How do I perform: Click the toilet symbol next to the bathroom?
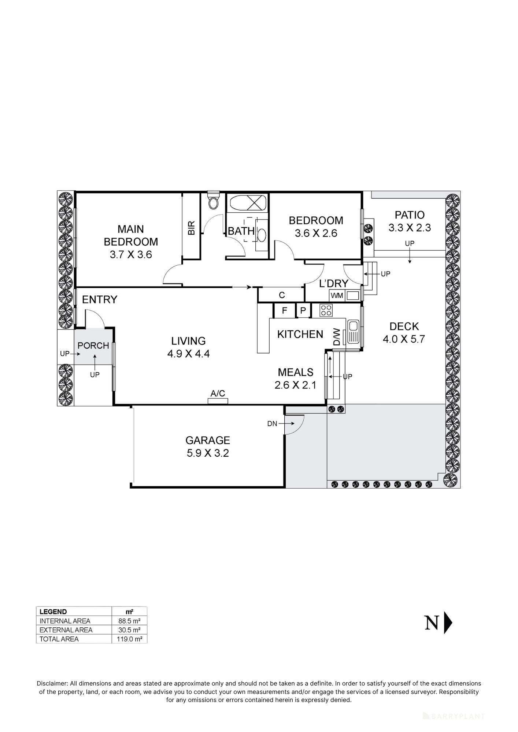tap(213, 201)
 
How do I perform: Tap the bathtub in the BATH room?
tap(247, 202)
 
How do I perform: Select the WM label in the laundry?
tap(337, 295)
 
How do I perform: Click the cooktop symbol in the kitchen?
tap(326, 310)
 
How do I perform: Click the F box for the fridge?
tap(285, 311)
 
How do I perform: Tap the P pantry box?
tap(303, 311)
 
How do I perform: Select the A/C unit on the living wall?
tap(218, 401)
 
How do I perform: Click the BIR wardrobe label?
tap(191, 228)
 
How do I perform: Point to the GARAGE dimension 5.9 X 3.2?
tap(208, 453)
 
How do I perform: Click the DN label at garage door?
tap(272, 424)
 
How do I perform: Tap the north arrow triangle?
tap(448, 622)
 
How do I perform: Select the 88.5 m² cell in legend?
tap(129, 621)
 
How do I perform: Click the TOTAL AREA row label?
tap(59, 639)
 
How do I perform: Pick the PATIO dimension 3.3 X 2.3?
tap(410, 228)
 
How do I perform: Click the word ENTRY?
tap(100, 299)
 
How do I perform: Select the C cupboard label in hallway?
tap(282, 295)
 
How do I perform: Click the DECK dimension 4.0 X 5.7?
tap(404, 339)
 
